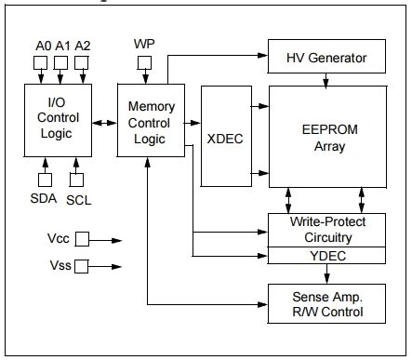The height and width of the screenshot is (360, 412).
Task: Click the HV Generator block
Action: click(x=326, y=59)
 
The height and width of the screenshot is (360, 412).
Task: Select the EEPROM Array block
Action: click(x=326, y=137)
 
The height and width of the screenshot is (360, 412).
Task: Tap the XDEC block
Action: click(x=223, y=138)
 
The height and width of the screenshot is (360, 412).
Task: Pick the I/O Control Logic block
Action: click(x=58, y=118)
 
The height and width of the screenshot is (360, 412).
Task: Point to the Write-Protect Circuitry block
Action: click(x=326, y=230)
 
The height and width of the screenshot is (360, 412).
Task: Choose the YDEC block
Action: click(x=326, y=256)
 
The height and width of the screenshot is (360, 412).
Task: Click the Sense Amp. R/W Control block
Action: click(x=326, y=302)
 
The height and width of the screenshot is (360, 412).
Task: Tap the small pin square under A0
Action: click(x=41, y=63)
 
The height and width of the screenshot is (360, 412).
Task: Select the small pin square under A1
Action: click(x=60, y=63)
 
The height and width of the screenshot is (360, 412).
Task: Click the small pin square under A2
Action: click(x=80, y=63)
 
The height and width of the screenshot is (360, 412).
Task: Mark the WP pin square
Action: click(x=144, y=63)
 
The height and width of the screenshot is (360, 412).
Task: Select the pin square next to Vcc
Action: click(x=82, y=239)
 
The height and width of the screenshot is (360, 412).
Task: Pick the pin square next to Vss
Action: click(x=82, y=267)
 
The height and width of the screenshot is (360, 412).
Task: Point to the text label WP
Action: click(x=144, y=45)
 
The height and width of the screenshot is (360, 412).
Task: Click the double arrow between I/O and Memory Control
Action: click(x=104, y=119)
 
